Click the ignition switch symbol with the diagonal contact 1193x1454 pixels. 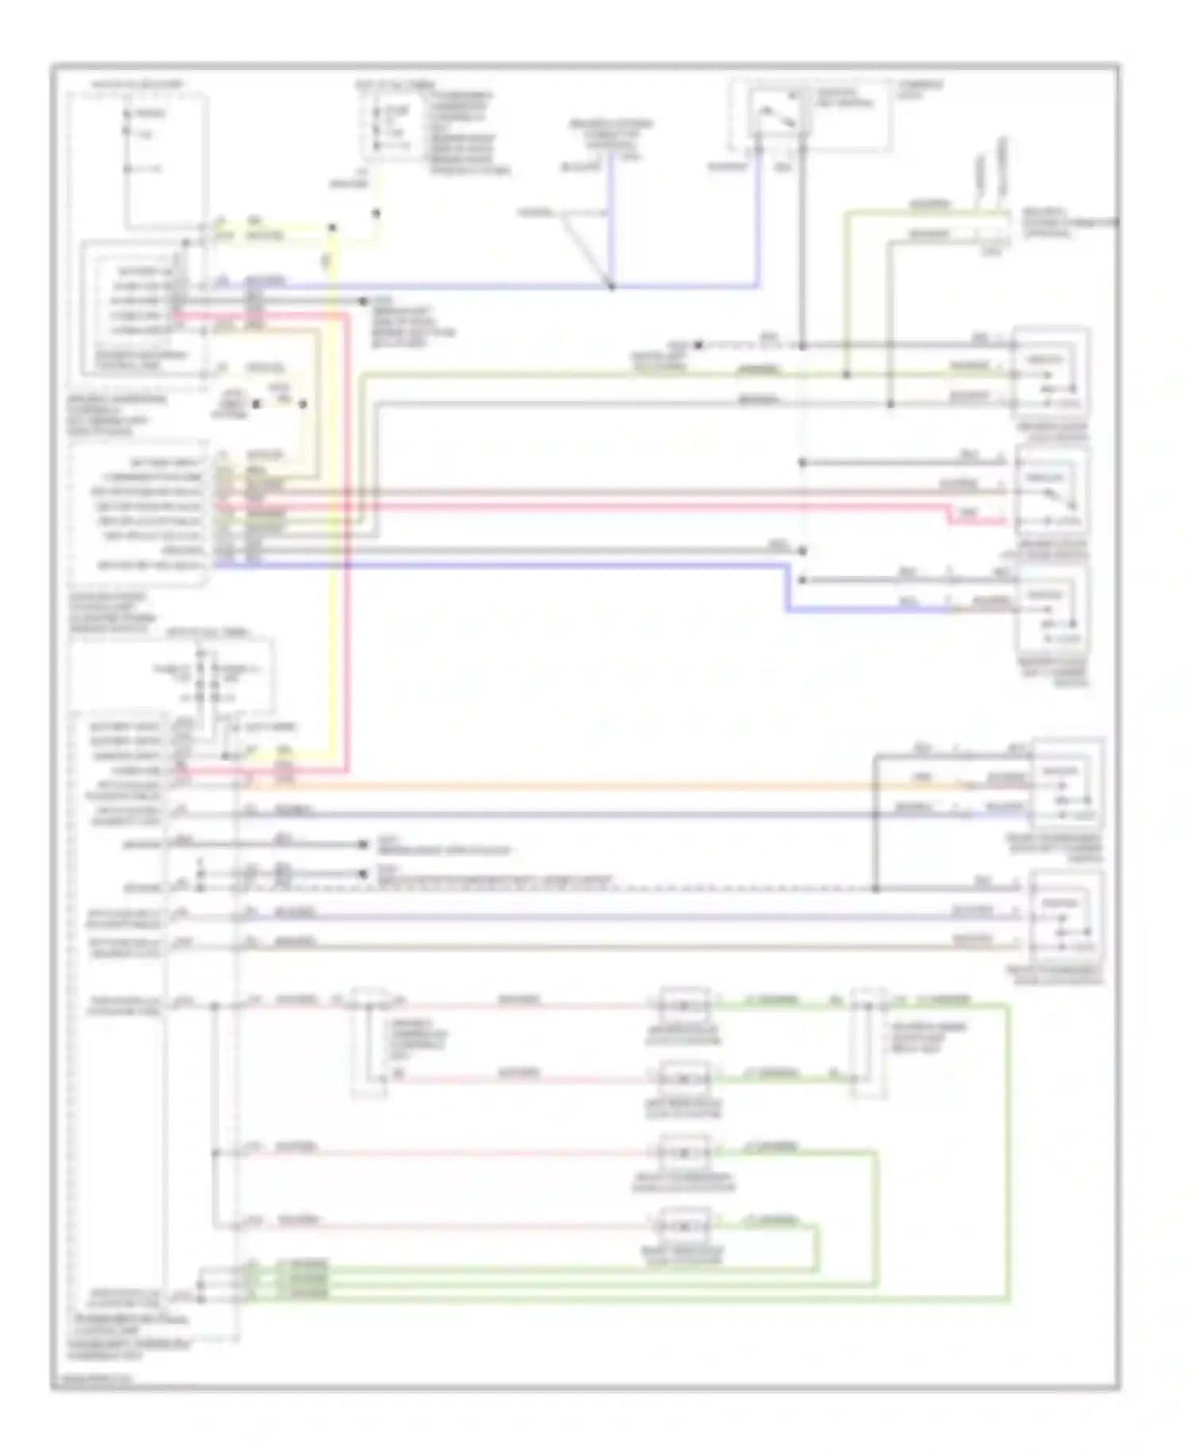click(770, 116)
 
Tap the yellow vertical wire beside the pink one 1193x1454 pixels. click(334, 557)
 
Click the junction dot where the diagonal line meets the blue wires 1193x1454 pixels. click(611, 286)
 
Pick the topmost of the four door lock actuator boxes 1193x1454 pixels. click(684, 1005)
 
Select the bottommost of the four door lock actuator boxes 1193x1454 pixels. click(684, 1227)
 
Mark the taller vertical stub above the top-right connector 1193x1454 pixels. click(1002, 171)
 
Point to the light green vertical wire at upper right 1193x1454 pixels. click(846, 294)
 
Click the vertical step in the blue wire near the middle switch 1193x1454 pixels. click(787, 589)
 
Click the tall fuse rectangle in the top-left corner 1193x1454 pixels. click(165, 159)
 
